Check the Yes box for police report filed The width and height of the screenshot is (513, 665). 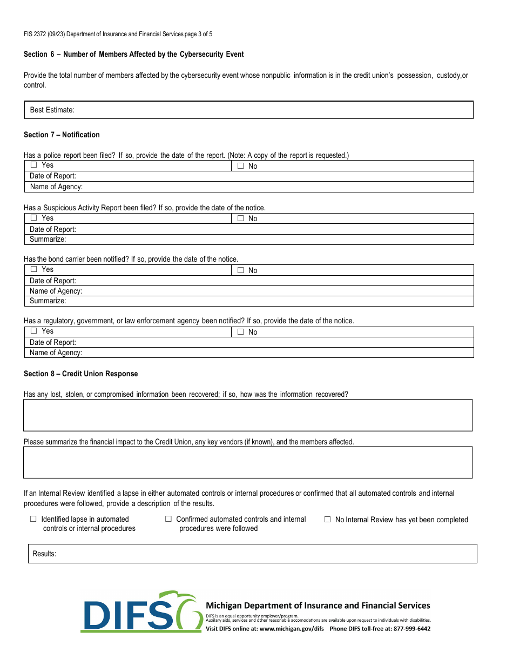point(34,165)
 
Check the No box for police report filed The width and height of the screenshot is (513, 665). point(241,167)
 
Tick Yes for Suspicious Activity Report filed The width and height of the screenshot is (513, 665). point(34,218)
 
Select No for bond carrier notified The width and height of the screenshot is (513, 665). point(241,270)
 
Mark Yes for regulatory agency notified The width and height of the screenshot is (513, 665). point(34,331)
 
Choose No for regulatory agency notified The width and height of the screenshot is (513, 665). point(241,332)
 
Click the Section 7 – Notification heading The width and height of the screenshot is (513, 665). point(62,135)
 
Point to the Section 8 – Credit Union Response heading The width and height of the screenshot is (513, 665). point(80,374)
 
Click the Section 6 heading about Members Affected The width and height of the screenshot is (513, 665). point(133,54)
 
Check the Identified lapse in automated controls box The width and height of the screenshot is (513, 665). point(33,519)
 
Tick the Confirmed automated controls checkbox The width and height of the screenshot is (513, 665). point(168,519)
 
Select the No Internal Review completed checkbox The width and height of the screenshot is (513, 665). point(327,520)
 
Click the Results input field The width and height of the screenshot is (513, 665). point(253,554)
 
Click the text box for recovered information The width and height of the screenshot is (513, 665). point(248,415)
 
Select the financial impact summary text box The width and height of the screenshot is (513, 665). point(248,462)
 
